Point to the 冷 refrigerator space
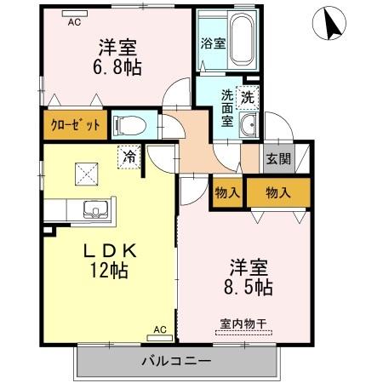[129, 157]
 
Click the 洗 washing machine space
[246, 96]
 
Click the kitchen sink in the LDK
[91, 209]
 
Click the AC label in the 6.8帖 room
[75, 22]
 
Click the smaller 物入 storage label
[226, 192]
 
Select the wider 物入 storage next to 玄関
[277, 192]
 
